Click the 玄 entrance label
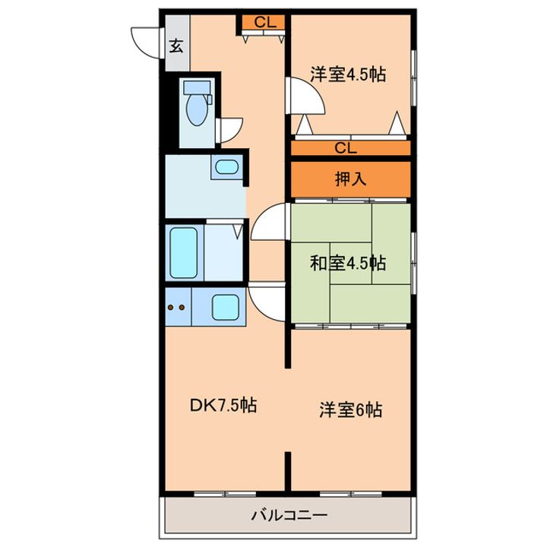[175, 46]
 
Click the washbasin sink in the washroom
[225, 168]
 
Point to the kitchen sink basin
[224, 307]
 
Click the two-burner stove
[176, 307]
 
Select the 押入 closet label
[352, 179]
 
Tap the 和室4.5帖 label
[348, 264]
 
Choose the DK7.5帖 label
[223, 406]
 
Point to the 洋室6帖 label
[349, 410]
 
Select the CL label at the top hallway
[264, 22]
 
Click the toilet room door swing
[229, 131]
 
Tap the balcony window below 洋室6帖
[349, 494]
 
